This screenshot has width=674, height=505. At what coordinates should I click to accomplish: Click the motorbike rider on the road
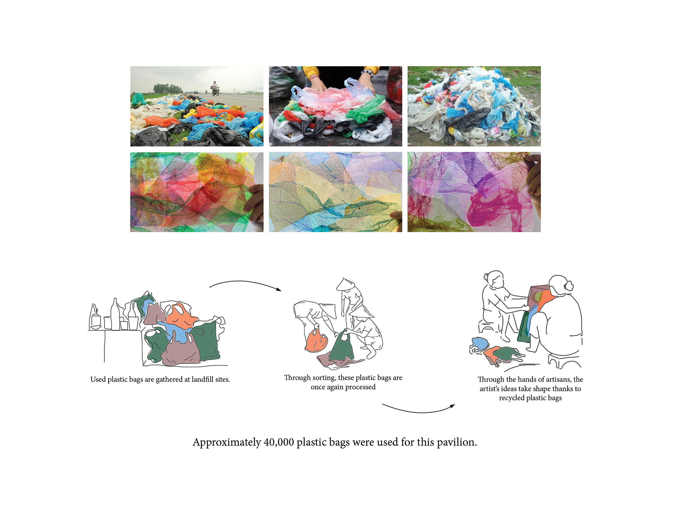(215, 88)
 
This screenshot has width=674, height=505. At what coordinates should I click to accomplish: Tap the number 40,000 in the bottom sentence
(278, 442)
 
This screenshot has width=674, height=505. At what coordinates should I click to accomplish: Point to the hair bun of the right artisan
(569, 285)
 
